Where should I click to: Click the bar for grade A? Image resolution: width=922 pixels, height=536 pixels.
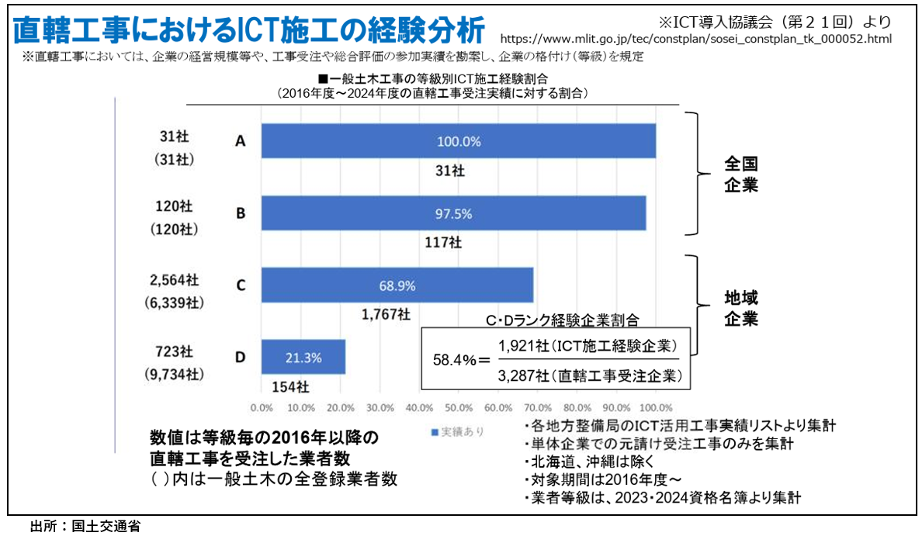458,141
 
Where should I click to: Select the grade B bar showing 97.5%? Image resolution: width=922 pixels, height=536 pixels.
453,213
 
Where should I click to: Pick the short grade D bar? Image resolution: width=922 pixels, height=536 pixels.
303,357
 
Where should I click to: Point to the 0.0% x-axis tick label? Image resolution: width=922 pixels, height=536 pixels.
262,407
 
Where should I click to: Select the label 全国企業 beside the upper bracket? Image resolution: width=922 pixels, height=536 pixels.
740,175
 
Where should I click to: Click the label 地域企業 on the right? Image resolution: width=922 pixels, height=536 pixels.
740,308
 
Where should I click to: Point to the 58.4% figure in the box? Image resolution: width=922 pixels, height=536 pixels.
456,360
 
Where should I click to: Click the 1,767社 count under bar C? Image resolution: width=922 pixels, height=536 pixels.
386,314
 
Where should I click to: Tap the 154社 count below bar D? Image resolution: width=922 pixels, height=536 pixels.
290,386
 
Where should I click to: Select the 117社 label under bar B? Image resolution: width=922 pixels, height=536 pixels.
443,242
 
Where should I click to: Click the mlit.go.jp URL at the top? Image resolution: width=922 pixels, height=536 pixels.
695,38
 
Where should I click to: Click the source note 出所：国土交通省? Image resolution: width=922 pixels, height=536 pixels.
85,526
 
